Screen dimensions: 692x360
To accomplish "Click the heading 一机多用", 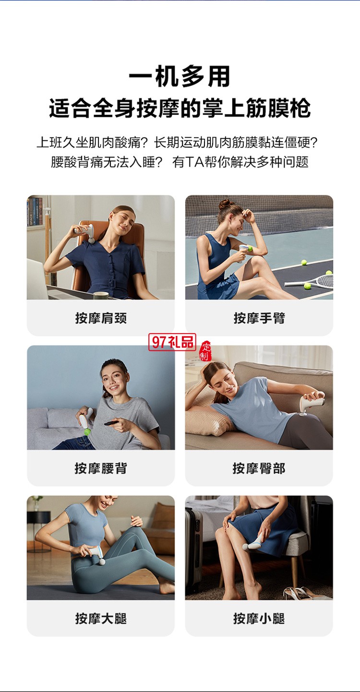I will pyautogui.click(x=180, y=77).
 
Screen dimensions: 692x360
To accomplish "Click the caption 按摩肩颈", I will pyautogui.click(x=101, y=318).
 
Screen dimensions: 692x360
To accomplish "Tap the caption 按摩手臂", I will pyautogui.click(x=259, y=318).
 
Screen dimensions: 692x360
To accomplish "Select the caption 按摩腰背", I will pyautogui.click(x=101, y=468).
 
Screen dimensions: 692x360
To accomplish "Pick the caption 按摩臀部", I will pyautogui.click(x=259, y=468).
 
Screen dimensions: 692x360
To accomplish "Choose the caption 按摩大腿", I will pyautogui.click(x=101, y=618).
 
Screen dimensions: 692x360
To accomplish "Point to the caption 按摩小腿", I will pyautogui.click(x=259, y=618).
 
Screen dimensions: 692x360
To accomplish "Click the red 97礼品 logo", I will pyautogui.click(x=172, y=342).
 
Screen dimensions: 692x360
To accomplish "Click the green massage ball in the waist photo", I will pyautogui.click(x=87, y=431).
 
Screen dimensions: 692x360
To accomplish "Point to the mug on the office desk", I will pyautogui.click(x=100, y=295).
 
